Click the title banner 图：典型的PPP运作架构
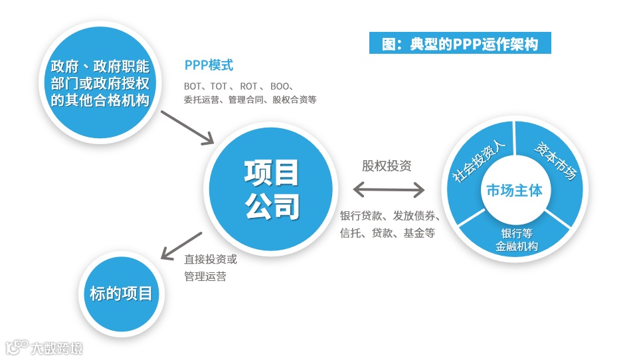click(x=460, y=44)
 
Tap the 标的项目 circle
click(x=121, y=293)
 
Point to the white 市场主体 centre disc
click(x=514, y=191)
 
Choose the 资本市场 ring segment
click(x=554, y=160)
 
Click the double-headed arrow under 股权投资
click(x=389, y=191)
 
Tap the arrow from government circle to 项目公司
click(x=188, y=126)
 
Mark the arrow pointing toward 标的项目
click(x=181, y=245)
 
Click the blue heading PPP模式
click(x=209, y=66)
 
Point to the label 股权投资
click(x=387, y=165)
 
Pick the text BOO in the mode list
click(x=280, y=86)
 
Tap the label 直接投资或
click(x=210, y=259)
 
